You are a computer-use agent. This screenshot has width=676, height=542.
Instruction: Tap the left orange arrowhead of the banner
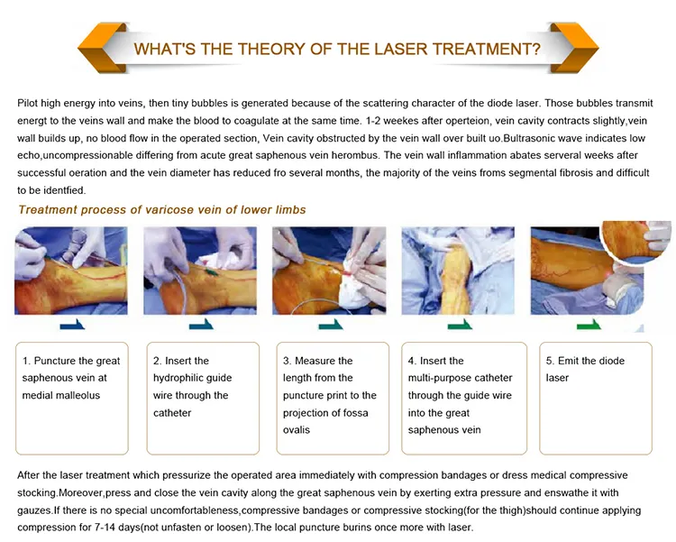pyautogui.click(x=102, y=49)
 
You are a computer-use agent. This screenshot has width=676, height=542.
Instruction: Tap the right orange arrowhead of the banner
pyautogui.click(x=574, y=48)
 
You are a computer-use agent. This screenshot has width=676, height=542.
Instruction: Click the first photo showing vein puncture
pyautogui.click(x=71, y=271)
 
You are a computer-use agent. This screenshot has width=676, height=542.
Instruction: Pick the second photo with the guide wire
pyautogui.click(x=200, y=271)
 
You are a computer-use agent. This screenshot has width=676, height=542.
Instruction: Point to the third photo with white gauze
pyautogui.click(x=329, y=271)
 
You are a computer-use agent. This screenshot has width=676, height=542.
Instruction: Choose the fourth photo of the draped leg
pyautogui.click(x=458, y=271)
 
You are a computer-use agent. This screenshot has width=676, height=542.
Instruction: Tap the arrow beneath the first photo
pyautogui.click(x=72, y=325)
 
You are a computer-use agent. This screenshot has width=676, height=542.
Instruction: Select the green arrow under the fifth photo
pyautogui.click(x=589, y=325)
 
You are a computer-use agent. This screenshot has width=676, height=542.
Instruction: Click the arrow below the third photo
pyautogui.click(x=331, y=325)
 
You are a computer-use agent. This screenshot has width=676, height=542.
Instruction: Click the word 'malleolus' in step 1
pyautogui.click(x=78, y=395)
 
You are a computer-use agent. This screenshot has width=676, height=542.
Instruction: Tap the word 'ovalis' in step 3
pyautogui.click(x=297, y=430)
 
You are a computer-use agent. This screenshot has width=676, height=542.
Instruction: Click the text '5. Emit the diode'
pyautogui.click(x=585, y=361)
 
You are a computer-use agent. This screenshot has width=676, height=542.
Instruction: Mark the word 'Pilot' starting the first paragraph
pyautogui.click(x=27, y=104)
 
